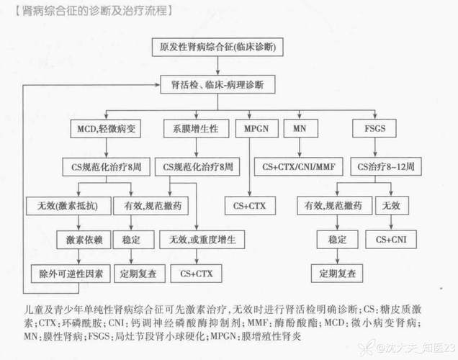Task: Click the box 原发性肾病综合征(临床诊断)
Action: (x=217, y=47)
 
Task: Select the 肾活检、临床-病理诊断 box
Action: (x=217, y=85)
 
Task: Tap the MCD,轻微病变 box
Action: (x=106, y=129)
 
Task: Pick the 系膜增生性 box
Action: (x=196, y=128)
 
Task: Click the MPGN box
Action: (x=257, y=128)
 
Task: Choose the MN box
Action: (x=300, y=128)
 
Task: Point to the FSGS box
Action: (x=374, y=128)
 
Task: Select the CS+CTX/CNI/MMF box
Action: (x=299, y=167)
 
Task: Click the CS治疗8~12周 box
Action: (x=386, y=167)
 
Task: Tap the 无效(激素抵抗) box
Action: (x=68, y=206)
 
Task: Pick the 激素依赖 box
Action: (x=84, y=240)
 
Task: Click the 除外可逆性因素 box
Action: (x=71, y=274)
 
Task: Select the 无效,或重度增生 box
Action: (x=202, y=240)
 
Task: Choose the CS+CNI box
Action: (x=391, y=240)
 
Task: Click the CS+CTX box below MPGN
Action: (x=250, y=206)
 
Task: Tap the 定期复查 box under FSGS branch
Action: (x=337, y=274)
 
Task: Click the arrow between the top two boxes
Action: (x=217, y=66)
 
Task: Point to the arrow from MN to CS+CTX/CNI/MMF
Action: (x=300, y=148)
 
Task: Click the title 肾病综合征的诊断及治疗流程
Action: (x=94, y=11)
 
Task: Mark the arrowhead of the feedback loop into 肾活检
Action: (x=158, y=85)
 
